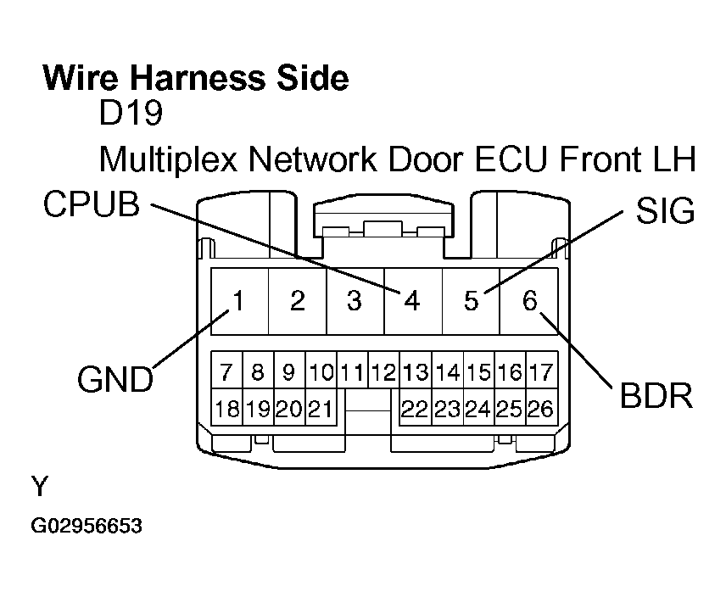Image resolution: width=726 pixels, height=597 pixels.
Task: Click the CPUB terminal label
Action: [92, 204]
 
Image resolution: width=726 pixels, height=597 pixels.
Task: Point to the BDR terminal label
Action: [657, 395]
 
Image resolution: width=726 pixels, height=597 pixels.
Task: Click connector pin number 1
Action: [239, 300]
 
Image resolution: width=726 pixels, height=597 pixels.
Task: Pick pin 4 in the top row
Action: [412, 301]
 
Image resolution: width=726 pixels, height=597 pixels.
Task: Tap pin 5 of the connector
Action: [471, 301]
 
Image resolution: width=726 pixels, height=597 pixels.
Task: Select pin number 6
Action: [530, 300]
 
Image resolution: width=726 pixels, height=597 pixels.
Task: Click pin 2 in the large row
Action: [297, 301]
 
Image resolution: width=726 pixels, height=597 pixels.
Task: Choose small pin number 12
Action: [383, 371]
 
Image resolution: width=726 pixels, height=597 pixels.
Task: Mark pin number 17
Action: [540, 371]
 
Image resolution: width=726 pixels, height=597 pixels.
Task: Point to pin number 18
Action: [226, 410]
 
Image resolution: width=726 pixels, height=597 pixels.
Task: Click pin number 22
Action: [414, 410]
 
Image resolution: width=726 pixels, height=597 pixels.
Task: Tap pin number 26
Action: [540, 410]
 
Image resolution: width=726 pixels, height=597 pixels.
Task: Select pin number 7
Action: [226, 371]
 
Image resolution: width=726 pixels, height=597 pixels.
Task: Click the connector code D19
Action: [130, 113]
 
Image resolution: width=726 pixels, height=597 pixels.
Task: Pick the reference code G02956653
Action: [87, 527]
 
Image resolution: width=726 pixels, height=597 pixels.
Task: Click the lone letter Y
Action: [39, 486]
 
